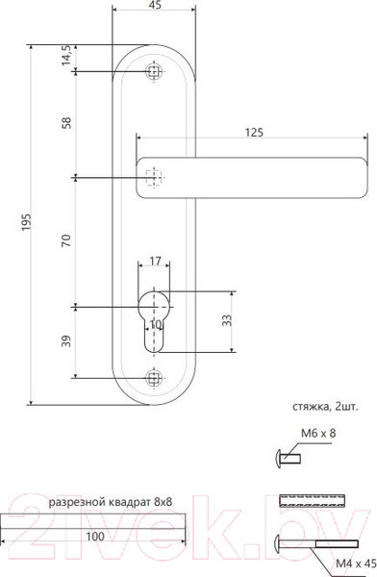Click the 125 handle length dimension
(255, 133)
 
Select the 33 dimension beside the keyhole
(228, 321)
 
